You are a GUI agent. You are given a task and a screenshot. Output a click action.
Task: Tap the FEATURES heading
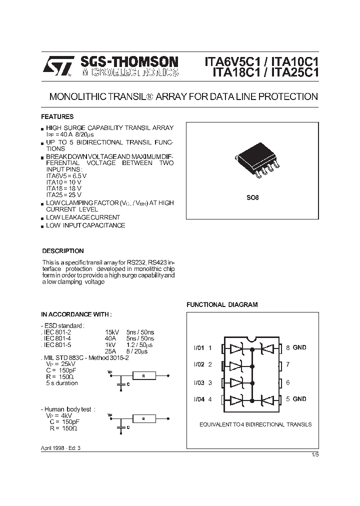(57, 116)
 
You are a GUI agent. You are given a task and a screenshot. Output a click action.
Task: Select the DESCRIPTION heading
(62, 251)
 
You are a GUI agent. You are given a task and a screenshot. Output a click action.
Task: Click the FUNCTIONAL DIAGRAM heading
(222, 304)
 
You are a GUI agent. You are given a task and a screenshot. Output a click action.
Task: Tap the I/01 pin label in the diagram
(199, 347)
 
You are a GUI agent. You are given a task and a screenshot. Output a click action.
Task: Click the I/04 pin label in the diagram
(199, 399)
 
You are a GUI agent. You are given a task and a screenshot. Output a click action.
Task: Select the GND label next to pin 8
(299, 347)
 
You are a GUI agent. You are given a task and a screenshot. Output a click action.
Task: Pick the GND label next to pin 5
(299, 399)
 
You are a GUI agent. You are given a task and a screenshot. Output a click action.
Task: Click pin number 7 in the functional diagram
(288, 364)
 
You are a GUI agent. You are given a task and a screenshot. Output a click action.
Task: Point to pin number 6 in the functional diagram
(288, 382)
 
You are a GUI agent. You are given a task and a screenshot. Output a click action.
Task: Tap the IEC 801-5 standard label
(57, 344)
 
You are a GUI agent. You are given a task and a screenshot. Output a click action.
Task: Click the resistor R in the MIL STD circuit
(144, 375)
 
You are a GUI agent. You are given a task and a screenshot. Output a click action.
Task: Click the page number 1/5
(314, 454)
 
